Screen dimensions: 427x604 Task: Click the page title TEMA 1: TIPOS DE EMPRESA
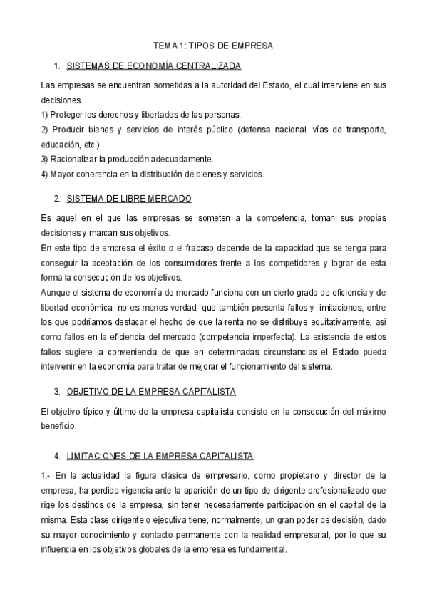coord(213,46)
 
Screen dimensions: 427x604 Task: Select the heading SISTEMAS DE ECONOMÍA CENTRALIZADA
coord(153,66)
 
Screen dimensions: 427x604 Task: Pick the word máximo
coord(370,411)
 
